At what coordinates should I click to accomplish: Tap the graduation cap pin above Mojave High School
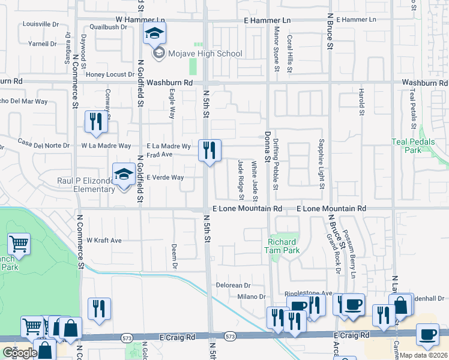click(154, 34)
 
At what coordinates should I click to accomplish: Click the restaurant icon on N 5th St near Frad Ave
click(209, 150)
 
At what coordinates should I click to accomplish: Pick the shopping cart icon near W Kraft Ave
click(19, 244)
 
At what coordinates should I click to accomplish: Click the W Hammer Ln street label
click(139, 20)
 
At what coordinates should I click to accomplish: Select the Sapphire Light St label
click(322, 166)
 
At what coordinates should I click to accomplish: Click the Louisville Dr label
click(40, 25)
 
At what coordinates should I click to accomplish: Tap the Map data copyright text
click(423, 355)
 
